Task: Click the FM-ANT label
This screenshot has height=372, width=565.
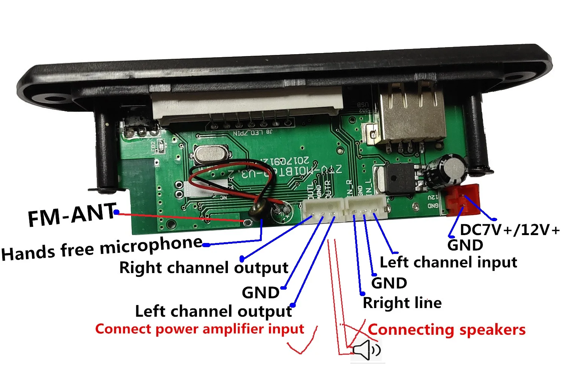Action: [72, 215]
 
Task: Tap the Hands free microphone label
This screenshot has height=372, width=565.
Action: [102, 248]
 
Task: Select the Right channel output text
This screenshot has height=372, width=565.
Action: [204, 268]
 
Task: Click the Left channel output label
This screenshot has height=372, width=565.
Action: [213, 311]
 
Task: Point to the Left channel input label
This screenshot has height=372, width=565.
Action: [448, 262]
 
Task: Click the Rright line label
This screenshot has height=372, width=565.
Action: [402, 303]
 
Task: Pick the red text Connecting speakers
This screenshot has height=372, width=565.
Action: [446, 330]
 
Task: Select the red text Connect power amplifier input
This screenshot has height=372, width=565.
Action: [199, 329]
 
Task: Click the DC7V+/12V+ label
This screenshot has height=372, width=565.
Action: [510, 230]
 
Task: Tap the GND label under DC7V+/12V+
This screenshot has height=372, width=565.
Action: [465, 245]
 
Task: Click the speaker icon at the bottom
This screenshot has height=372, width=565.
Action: [366, 350]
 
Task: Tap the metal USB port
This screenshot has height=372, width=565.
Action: [411, 113]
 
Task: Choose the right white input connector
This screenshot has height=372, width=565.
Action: [366, 207]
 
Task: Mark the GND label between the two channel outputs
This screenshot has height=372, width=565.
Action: [260, 293]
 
